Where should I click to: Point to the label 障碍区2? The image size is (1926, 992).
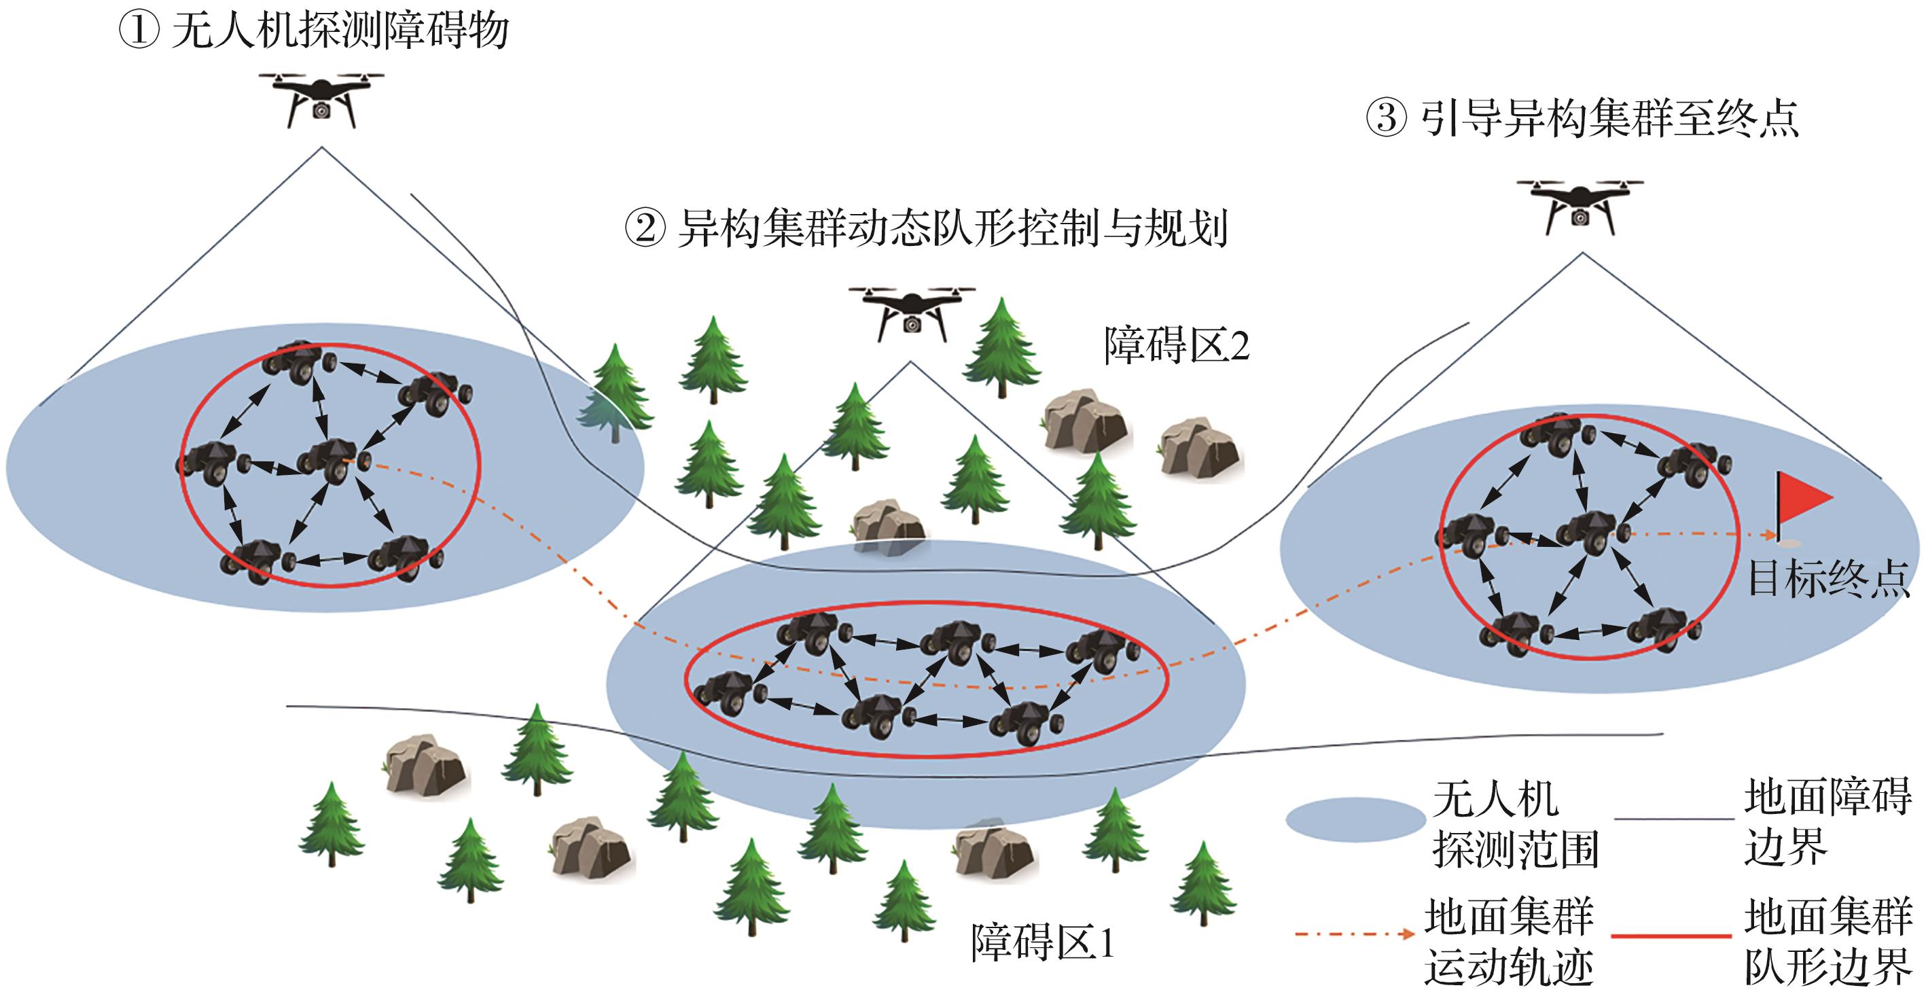pyautogui.click(x=1177, y=345)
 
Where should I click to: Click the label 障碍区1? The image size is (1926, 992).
pyautogui.click(x=1042, y=941)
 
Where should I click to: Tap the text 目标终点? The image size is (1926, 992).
pyautogui.click(x=1828, y=578)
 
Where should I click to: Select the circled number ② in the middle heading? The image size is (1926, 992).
pyautogui.click(x=645, y=228)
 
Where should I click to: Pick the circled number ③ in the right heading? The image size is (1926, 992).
pyautogui.click(x=1385, y=118)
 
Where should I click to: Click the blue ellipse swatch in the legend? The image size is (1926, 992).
pyautogui.click(x=1355, y=819)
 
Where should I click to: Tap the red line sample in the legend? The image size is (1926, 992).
pyautogui.click(x=1671, y=935)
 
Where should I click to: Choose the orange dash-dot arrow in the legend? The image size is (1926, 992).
pyautogui.click(x=1355, y=933)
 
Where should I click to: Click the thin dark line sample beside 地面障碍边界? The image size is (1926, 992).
pyautogui.click(x=1674, y=819)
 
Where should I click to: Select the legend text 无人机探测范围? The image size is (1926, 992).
pyautogui.click(x=1514, y=823)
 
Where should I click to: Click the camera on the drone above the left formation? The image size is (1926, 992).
pyautogui.click(x=321, y=111)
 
